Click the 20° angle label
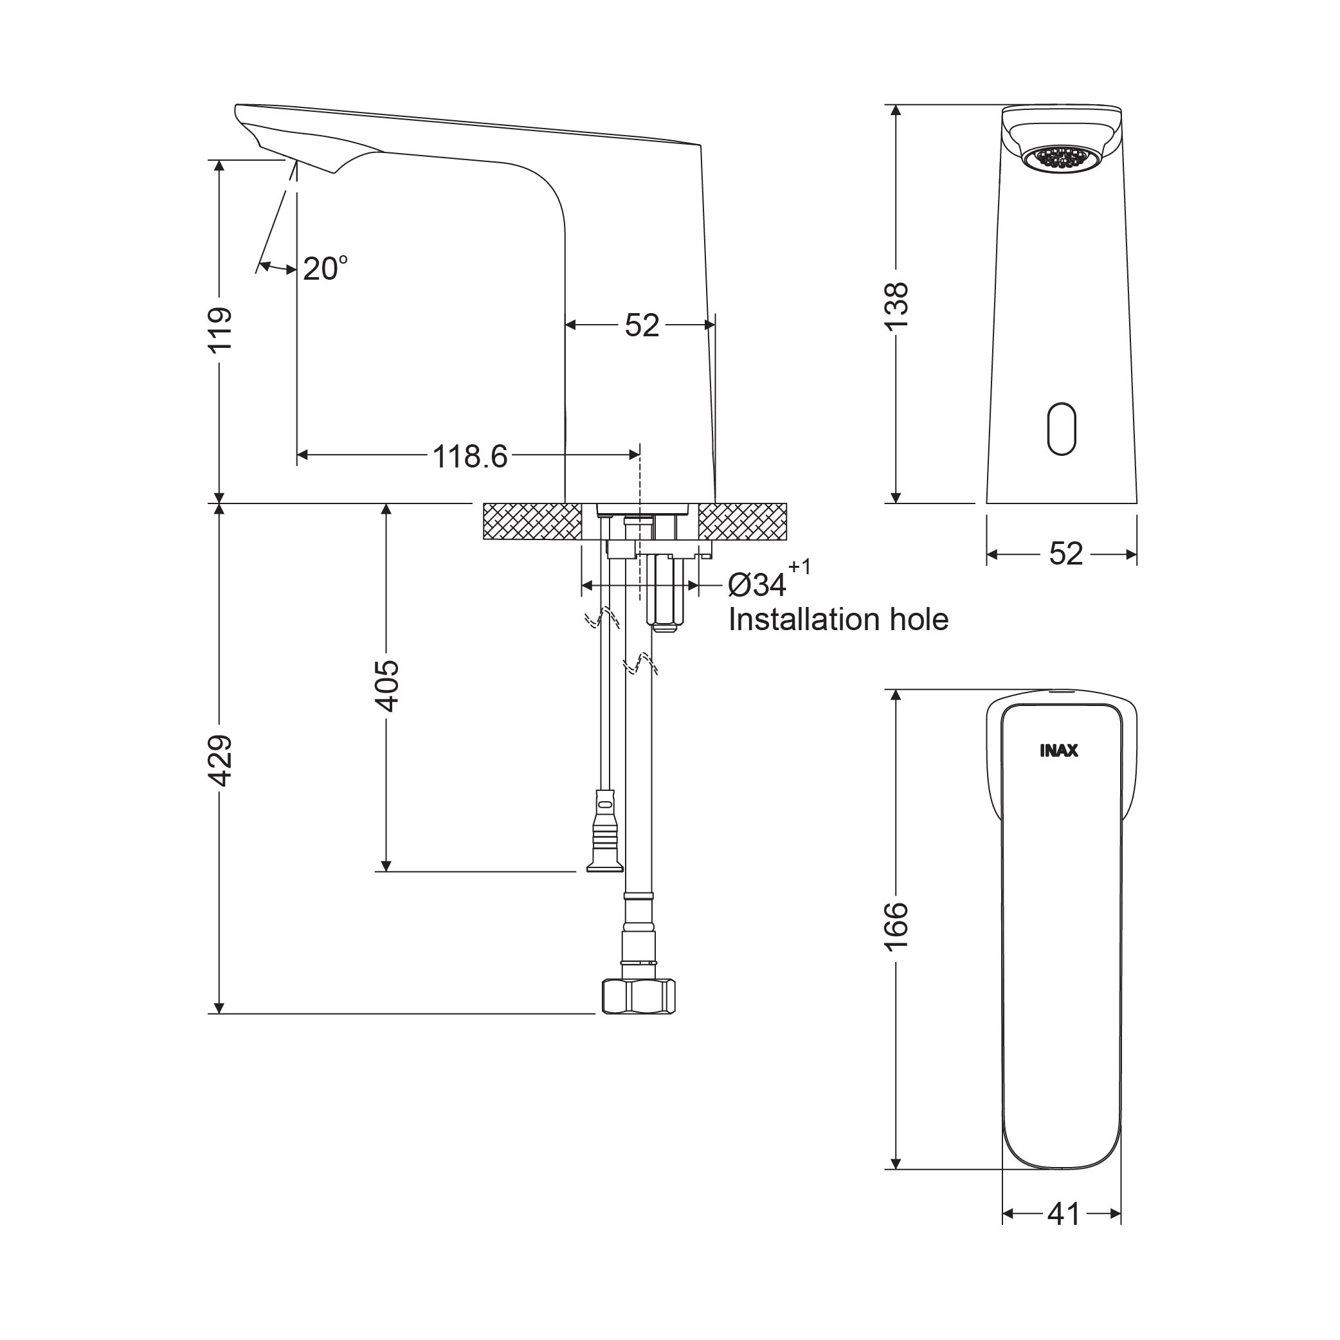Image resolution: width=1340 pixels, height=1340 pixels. tap(325, 268)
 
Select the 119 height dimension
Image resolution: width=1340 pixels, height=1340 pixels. tap(220, 330)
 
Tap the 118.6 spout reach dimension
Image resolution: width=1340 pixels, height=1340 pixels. tap(469, 457)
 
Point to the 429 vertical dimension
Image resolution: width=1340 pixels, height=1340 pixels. tap(220, 761)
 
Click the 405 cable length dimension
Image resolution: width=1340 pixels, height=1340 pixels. tap(386, 686)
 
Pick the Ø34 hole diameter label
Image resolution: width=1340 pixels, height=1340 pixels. tap(757, 585)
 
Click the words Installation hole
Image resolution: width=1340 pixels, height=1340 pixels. tap(838, 619)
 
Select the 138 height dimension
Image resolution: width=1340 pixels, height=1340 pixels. tap(896, 307)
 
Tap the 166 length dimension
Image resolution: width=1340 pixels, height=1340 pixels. tap(896, 927)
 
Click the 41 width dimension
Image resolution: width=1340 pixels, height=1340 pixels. tap(1064, 1215)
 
